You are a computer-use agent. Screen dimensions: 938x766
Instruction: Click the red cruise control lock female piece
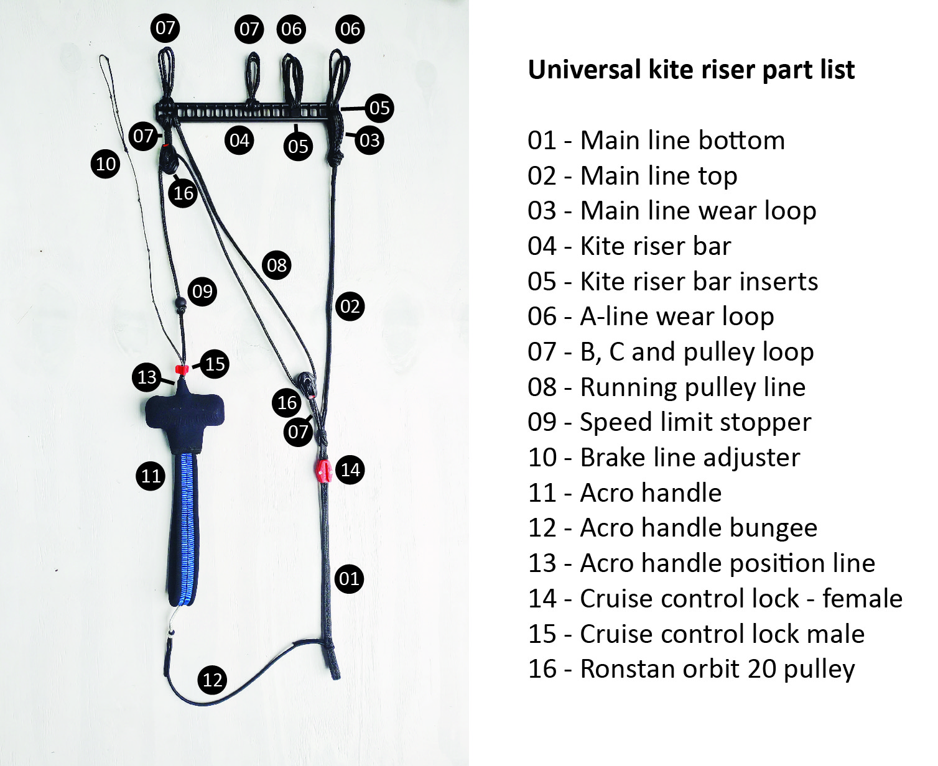click(323, 471)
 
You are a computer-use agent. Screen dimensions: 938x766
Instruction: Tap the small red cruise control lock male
click(182, 369)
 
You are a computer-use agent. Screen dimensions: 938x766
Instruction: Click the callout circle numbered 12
click(212, 680)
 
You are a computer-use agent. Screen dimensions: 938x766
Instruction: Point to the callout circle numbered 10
click(105, 164)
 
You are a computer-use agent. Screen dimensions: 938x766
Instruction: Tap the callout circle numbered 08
click(277, 265)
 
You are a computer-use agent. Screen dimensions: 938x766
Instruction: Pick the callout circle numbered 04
click(239, 141)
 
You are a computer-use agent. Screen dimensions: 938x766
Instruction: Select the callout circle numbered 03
click(369, 140)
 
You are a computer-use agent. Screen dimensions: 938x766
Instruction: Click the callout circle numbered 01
click(349, 579)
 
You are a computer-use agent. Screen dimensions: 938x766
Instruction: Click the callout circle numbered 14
click(350, 470)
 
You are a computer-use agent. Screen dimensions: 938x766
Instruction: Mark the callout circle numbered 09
click(202, 292)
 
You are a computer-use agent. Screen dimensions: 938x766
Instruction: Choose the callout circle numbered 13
click(147, 377)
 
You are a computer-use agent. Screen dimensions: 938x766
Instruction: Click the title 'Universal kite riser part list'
click(691, 70)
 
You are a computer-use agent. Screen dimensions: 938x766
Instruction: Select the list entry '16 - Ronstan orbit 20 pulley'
click(691, 669)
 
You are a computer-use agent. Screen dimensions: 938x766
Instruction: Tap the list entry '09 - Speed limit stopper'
click(669, 422)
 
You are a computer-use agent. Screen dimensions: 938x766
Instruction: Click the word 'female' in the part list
click(862, 598)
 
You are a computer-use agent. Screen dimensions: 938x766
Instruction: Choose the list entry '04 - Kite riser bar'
click(629, 246)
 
